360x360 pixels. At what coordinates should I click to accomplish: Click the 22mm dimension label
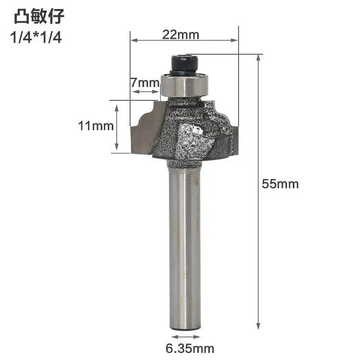180,35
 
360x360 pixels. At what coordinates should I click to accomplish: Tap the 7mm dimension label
144,83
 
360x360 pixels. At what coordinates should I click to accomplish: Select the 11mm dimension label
96,126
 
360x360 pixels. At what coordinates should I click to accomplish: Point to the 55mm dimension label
280,184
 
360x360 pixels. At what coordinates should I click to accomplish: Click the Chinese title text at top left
38,17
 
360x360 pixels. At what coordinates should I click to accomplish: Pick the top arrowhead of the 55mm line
259,58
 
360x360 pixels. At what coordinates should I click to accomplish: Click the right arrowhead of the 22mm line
235,40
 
